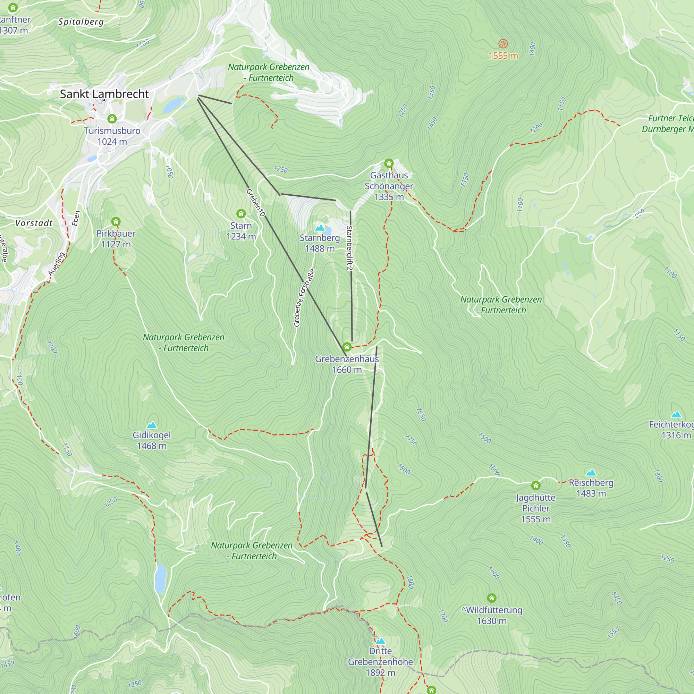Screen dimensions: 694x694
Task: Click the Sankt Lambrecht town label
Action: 104,94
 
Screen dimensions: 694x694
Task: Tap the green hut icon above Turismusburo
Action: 112,119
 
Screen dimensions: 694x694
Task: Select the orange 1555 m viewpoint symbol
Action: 503,44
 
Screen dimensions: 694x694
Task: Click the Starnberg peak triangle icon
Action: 320,228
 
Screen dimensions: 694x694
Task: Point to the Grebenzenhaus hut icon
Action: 347,347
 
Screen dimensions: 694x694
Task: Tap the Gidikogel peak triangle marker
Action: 152,425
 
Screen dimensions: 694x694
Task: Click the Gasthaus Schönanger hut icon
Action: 389,163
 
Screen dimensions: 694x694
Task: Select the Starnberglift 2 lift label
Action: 349,248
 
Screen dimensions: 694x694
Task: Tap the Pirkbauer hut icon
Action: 116,221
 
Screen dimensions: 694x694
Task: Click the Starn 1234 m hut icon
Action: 241,214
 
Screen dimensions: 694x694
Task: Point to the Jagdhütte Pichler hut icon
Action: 535,486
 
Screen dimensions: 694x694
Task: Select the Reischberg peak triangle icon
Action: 591,473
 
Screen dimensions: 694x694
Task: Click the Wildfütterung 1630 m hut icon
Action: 492,598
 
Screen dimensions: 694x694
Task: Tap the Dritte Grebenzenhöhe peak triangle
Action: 380,641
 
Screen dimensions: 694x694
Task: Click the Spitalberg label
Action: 81,22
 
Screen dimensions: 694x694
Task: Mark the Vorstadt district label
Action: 34,223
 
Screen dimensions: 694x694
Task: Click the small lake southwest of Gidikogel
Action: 160,578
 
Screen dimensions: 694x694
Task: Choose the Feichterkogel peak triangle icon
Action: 676,414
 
